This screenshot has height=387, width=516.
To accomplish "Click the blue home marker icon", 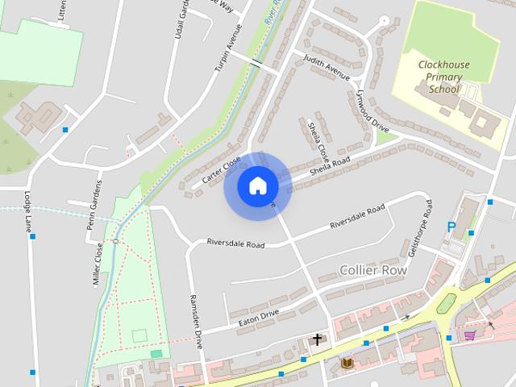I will [257, 185].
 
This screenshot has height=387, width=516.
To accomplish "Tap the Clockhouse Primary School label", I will [440, 77].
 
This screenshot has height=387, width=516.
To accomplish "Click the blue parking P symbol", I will [451, 228].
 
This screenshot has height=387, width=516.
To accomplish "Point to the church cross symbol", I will [318, 339].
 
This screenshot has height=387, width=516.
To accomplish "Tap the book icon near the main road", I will [347, 364].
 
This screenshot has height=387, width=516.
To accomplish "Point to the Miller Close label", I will [98, 265].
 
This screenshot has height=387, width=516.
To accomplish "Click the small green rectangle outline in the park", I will [139, 334].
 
